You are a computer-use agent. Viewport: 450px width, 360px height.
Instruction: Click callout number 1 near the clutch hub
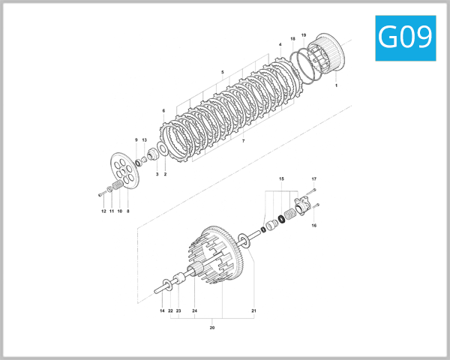pos(336,86)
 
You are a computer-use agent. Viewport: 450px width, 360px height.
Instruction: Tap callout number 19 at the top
pos(304,35)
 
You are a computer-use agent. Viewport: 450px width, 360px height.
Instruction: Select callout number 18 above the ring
pos(292,38)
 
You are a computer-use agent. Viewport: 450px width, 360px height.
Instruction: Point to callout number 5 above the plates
pos(223,72)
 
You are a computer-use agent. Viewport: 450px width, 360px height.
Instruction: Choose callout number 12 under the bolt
pos(103,211)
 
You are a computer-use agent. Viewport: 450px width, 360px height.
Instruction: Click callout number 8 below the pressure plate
pos(128,211)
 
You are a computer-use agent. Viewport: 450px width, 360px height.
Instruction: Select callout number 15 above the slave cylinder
pos(281,179)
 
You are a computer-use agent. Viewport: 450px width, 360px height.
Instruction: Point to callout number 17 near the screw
pos(314,179)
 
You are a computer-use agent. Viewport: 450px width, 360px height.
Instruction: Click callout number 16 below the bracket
pos(313,225)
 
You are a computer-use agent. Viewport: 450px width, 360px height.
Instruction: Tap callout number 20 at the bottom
pos(211,327)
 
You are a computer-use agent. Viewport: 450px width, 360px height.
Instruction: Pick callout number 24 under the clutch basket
pos(194,310)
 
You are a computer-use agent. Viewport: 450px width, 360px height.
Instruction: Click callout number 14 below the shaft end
pos(161,310)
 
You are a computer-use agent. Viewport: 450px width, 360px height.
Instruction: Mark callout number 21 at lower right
pos(254,310)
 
